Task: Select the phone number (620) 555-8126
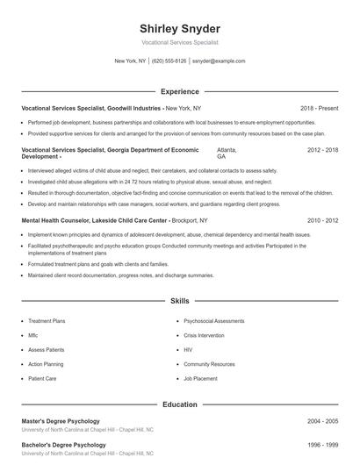(x=169, y=61)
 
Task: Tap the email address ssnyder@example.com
(x=219, y=61)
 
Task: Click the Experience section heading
(x=179, y=90)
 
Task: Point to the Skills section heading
(x=179, y=301)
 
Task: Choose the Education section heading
(x=179, y=404)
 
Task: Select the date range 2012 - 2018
(x=322, y=150)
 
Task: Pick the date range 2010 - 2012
(x=322, y=220)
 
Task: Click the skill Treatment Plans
(x=47, y=321)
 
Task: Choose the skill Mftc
(x=33, y=335)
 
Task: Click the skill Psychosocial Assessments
(x=215, y=321)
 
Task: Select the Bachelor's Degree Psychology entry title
(x=64, y=445)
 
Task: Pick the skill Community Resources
(x=209, y=363)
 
